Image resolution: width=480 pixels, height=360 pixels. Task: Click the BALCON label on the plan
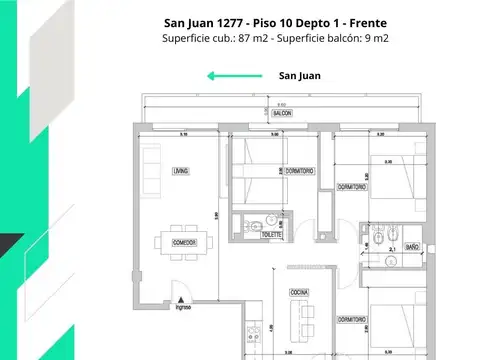[284, 113]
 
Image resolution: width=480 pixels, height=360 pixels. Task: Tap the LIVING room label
[180, 170]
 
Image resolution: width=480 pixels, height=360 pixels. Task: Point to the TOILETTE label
[270, 235]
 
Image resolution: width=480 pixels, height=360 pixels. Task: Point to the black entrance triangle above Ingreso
[180, 297]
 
